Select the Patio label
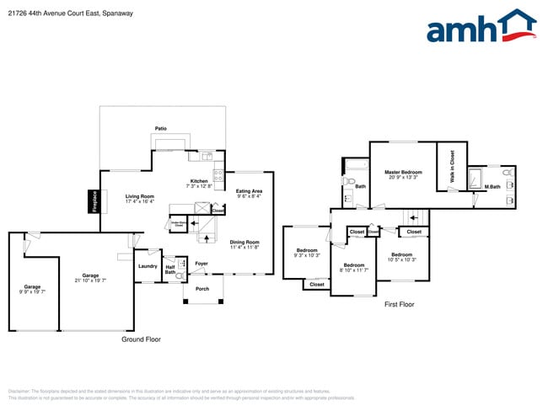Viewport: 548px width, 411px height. [x=160, y=129]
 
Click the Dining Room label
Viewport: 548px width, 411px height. [x=244, y=244]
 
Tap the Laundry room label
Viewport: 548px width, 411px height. [x=148, y=266]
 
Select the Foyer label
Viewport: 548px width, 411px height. [x=201, y=264]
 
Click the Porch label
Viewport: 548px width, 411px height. [x=202, y=289]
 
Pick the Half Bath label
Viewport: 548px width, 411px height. [x=170, y=270]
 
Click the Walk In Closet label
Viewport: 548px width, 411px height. [x=452, y=166]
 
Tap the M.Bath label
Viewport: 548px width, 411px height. [x=492, y=186]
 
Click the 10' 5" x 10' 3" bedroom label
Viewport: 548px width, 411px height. [x=401, y=257]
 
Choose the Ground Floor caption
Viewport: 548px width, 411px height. [x=142, y=339]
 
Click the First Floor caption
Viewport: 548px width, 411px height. [x=400, y=304]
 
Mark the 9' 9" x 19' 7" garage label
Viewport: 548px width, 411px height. [x=32, y=289]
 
